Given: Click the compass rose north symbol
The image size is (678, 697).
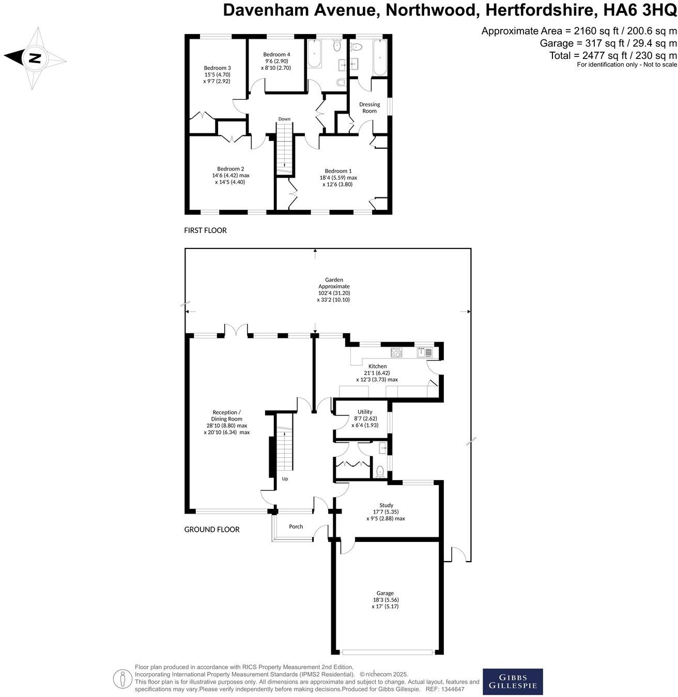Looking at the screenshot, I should click(35, 58).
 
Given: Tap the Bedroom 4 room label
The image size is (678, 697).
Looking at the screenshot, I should click(276, 55).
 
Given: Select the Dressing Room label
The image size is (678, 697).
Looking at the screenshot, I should click(369, 107).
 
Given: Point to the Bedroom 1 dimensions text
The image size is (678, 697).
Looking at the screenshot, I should click(338, 181).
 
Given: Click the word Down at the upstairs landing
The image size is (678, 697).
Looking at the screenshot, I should click(284, 119).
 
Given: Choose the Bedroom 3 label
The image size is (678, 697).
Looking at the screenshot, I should click(217, 68).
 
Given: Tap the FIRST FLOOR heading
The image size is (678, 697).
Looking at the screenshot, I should click(205, 230).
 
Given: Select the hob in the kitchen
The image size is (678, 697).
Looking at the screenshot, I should click(396, 353).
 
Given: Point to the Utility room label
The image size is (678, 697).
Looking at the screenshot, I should click(365, 412).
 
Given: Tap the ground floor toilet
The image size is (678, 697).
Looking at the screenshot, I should click(380, 471).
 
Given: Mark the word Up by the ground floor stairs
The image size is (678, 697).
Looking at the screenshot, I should click(285, 479).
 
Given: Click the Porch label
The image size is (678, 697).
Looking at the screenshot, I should click(296, 526).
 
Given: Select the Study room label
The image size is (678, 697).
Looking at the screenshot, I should click(386, 505).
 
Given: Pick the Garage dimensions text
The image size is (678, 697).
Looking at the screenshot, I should click(385, 603).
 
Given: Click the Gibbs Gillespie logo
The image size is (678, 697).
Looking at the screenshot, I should click(513, 681).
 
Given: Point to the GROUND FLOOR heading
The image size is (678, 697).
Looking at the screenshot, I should click(212, 530).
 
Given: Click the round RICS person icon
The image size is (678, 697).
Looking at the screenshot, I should click(122, 678).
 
